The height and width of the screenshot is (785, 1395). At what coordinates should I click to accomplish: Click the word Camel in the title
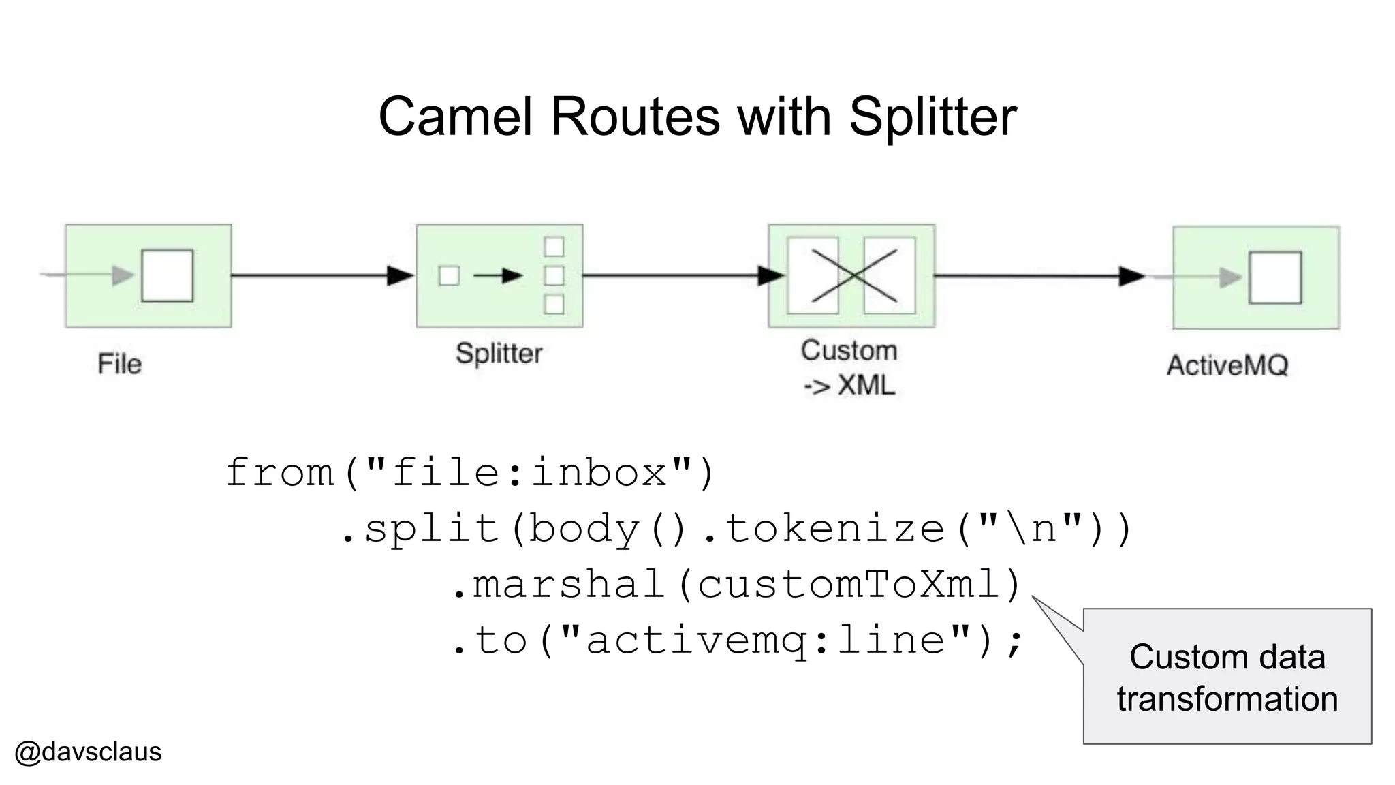(x=455, y=117)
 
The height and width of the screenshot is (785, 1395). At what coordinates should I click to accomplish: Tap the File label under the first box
(x=120, y=364)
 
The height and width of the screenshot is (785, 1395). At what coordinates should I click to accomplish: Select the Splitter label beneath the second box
(x=499, y=354)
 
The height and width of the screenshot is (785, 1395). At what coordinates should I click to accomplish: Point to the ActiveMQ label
(x=1227, y=366)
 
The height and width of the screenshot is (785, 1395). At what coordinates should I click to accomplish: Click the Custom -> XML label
(x=849, y=368)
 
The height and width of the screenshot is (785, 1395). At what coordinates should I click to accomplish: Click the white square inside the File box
(x=168, y=275)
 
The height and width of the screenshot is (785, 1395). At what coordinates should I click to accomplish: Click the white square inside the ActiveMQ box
(x=1275, y=277)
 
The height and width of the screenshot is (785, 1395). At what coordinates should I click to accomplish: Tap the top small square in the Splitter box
(x=554, y=247)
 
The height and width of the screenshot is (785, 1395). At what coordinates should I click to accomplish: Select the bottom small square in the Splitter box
(x=554, y=305)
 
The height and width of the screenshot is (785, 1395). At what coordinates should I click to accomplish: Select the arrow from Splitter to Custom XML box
(x=681, y=275)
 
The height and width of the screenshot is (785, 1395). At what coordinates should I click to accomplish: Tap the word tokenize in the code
(x=835, y=528)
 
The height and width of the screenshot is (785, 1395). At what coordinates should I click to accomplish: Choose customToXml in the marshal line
(x=849, y=584)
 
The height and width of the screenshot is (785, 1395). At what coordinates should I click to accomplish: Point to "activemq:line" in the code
(x=766, y=640)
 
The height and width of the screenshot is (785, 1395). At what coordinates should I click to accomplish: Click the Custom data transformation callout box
(x=1227, y=677)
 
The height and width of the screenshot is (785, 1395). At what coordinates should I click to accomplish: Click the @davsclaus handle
(x=88, y=752)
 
